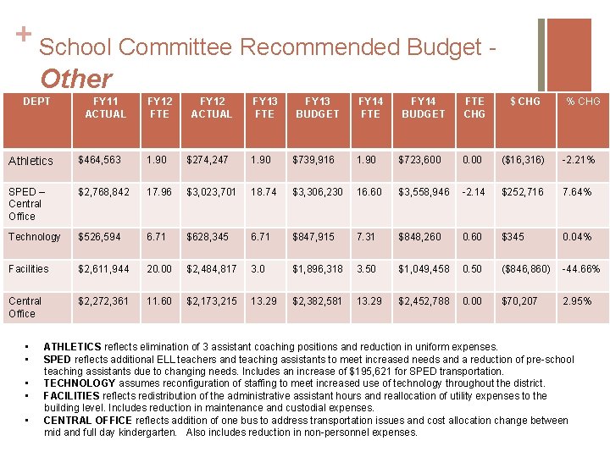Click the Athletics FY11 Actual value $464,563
pyautogui.click(x=99, y=160)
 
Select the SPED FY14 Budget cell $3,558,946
pyautogui.click(x=424, y=192)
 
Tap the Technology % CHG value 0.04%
pyautogui.click(x=577, y=237)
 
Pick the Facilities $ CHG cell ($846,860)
pyautogui.click(x=525, y=269)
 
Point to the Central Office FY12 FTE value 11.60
pyautogui.click(x=159, y=301)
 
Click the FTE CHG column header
pyautogui.click(x=474, y=107)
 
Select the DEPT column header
pyautogui.click(x=36, y=102)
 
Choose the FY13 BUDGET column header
pyautogui.click(x=317, y=107)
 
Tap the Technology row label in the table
pyautogui.click(x=35, y=237)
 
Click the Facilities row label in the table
pyautogui.click(x=29, y=269)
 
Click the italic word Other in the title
pyautogui.click(x=75, y=79)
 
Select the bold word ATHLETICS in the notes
pyautogui.click(x=72, y=347)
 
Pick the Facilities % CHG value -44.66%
pyautogui.click(x=581, y=269)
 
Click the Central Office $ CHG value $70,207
pyautogui.click(x=519, y=301)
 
